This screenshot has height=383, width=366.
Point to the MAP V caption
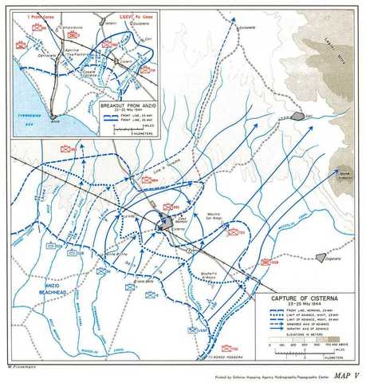[x=344, y=374]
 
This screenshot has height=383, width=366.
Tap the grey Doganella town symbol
[x=321, y=257]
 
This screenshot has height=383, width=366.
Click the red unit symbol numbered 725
[x=233, y=232]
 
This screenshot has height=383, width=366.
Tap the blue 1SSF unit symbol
[x=192, y=329]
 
